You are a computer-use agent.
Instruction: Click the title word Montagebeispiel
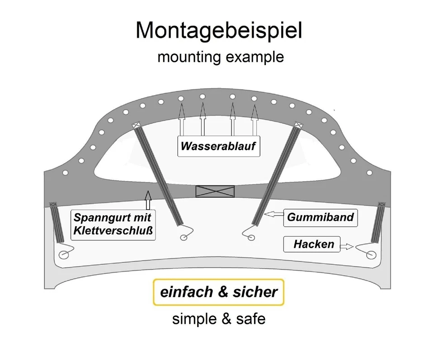click(x=218, y=30)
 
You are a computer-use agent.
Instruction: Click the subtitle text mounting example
click(x=220, y=57)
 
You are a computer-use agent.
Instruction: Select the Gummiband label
click(x=320, y=217)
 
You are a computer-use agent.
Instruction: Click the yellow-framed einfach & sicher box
click(x=218, y=292)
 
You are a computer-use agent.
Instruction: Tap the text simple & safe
click(x=218, y=319)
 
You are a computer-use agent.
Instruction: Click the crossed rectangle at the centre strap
click(x=215, y=191)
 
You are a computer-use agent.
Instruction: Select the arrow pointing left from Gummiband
click(x=274, y=215)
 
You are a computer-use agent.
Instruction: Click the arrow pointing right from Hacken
click(x=346, y=247)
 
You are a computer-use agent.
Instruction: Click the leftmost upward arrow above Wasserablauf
click(x=181, y=118)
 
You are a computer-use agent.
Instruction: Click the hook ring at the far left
click(x=64, y=255)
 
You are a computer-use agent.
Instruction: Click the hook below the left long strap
click(x=184, y=237)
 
